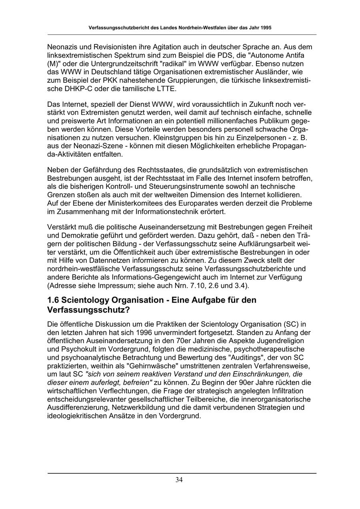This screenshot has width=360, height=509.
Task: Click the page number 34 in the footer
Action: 179,480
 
